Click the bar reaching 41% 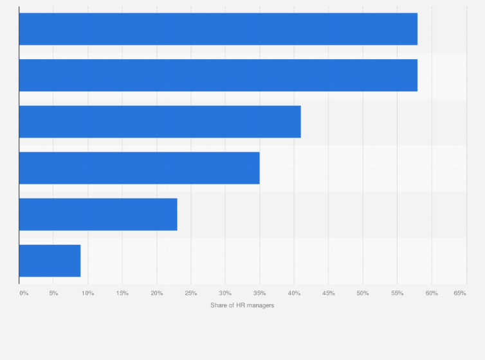pos(160,122)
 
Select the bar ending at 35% pos(139,168)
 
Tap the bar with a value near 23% pos(98,214)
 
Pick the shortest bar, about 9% pos(50,260)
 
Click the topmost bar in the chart pos(218,29)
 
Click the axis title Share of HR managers pos(242,305)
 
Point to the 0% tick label pos(24,293)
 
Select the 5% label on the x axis pos(53,293)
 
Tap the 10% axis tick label pos(87,293)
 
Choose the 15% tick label pos(122,293)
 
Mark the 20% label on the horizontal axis pos(156,293)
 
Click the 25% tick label pos(191,293)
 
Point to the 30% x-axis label pos(225,293)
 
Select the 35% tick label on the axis pos(260,293)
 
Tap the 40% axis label pos(294,293)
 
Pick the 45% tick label pos(329,293)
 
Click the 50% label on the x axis pos(363,293)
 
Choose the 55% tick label pos(398,293)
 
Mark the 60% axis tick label pos(432,293)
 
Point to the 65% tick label pos(460,293)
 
